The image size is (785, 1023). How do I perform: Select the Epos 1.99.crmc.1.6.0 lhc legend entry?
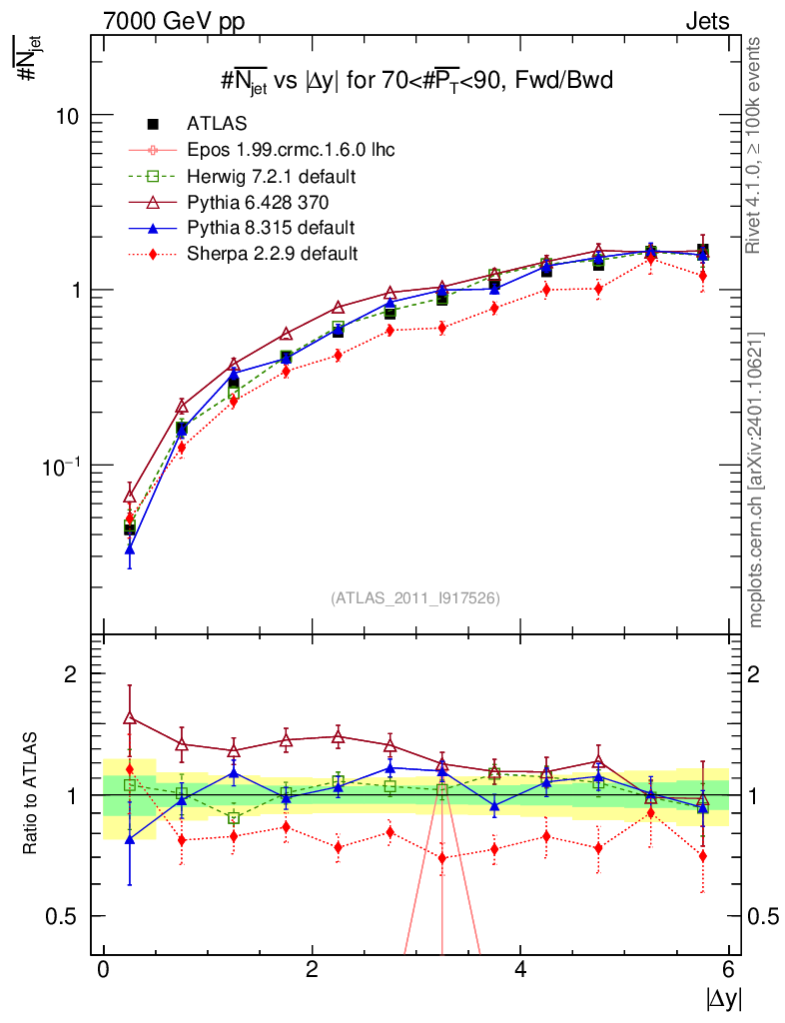pos(291,150)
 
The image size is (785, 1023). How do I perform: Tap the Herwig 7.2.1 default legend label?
pos(272,176)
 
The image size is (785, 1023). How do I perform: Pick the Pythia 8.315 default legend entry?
pos(271,227)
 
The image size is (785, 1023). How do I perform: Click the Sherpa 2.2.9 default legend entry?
pos(273,253)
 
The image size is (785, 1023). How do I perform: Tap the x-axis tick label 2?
pos(312,970)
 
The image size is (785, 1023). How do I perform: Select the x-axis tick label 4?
pos(520,970)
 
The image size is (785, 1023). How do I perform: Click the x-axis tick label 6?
pos(729,970)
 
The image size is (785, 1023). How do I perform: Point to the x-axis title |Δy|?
pos(724,998)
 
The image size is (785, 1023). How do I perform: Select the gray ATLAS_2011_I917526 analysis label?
pos(415,597)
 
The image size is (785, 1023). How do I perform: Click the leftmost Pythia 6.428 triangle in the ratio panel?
pos(130,717)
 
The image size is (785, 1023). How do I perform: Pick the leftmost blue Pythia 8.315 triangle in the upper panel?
pos(130,548)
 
